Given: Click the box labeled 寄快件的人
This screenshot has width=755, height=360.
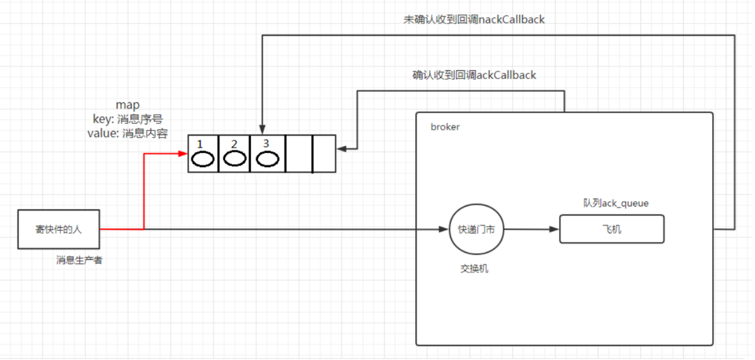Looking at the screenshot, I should tap(58, 229).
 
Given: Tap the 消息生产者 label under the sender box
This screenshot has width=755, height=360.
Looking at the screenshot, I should tap(79, 260).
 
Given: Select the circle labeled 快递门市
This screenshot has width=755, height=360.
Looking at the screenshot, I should tap(476, 229).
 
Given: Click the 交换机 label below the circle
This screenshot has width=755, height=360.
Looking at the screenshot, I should tap(474, 268).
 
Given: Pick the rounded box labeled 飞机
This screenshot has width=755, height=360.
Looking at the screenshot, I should tap(612, 229).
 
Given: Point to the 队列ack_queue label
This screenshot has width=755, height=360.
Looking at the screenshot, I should tap(616, 203).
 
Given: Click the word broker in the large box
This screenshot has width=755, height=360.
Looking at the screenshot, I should tap(445, 127).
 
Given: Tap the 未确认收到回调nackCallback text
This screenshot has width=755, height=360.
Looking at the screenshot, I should tap(474, 20).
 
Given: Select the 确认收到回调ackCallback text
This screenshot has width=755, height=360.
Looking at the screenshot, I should tap(474, 75).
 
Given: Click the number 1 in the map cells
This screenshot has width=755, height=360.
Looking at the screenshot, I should tap(200, 144).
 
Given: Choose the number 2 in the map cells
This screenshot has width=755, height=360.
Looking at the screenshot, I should tap(234, 144).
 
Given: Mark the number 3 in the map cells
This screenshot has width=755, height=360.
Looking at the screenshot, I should tap(266, 143).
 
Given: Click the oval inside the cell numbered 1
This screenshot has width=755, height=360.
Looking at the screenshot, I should tap(203, 159).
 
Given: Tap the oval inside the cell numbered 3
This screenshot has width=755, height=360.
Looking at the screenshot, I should tap(267, 159).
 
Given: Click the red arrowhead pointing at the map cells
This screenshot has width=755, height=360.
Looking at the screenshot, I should tap(183, 154).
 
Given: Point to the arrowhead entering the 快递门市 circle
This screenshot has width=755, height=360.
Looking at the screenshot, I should tap(444, 229).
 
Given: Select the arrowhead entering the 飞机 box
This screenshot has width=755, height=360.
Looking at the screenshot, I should tap(554, 229).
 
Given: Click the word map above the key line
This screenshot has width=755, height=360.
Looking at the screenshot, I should tap(127, 105).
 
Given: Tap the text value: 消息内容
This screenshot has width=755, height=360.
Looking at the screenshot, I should tap(127, 133).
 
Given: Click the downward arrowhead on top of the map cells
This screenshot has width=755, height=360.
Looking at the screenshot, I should tap(262, 129).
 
